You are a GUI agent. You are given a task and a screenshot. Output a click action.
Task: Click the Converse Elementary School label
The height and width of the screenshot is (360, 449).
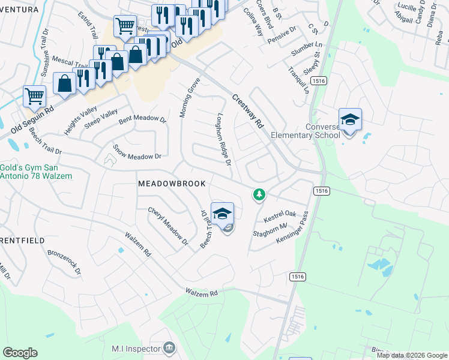click(306, 130)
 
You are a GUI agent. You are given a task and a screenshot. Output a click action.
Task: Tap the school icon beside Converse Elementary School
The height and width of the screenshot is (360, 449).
click(350, 120)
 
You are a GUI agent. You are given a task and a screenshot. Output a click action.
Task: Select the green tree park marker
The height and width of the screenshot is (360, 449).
click(259, 194)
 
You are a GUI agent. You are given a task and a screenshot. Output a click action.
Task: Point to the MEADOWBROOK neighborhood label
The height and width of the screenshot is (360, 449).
click(172, 183)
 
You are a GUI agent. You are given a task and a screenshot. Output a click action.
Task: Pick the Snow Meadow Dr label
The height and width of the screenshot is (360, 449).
click(137, 152)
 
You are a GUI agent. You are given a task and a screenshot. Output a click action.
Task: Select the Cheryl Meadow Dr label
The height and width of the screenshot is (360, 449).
click(168, 227)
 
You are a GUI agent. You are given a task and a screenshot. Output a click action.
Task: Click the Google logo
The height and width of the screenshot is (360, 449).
click(20, 353)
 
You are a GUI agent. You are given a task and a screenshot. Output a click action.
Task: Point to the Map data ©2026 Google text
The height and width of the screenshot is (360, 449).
click(411, 355)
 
